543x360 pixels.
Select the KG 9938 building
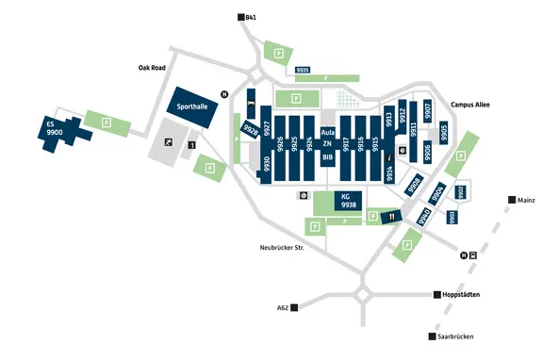pyautogui.click(x=349, y=201)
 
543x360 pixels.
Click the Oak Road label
pyautogui.click(x=152, y=68)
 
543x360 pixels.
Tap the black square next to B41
pyautogui.click(x=239, y=17)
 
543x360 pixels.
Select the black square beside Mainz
pyautogui.click(x=511, y=200)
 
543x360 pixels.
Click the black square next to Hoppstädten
pyautogui.click(x=436, y=295)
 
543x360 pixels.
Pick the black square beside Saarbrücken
pyautogui.click(x=431, y=336)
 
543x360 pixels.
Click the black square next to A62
pyautogui.click(x=295, y=307)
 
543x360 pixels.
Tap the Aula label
pyautogui.click(x=327, y=133)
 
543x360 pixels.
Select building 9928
pyautogui.click(x=251, y=130)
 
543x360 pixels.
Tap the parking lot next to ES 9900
pyautogui.click(x=106, y=123)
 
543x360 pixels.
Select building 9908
pyautogui.click(x=415, y=185)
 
